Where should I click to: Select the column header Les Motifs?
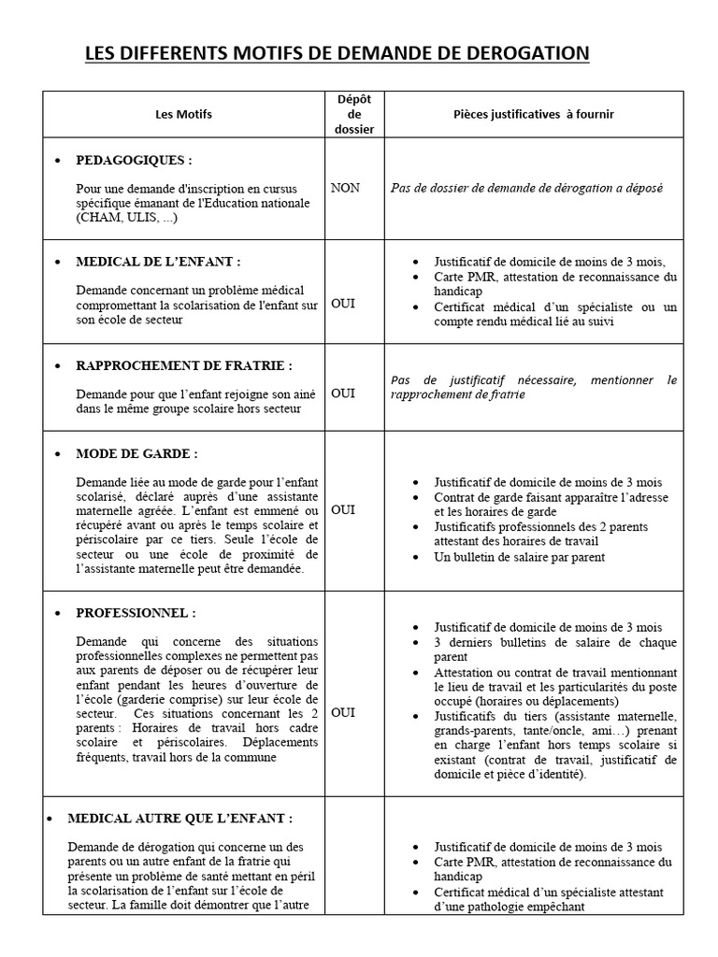click(x=183, y=114)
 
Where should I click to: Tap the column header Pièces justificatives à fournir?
click(x=534, y=114)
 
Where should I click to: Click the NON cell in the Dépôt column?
click(x=345, y=188)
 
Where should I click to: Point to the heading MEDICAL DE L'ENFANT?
click(x=151, y=262)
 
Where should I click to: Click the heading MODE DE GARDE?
click(x=136, y=453)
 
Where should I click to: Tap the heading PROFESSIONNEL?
click(x=136, y=613)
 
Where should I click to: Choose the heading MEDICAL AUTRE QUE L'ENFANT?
click(x=179, y=818)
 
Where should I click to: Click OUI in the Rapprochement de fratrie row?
click(x=343, y=393)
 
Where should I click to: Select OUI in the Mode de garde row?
click(x=343, y=509)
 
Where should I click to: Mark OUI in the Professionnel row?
click(x=343, y=712)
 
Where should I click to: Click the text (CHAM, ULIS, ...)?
click(x=126, y=218)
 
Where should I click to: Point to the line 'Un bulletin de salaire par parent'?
click(x=520, y=557)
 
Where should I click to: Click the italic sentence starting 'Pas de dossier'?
click(x=526, y=188)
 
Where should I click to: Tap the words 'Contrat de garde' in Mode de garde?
click(x=479, y=497)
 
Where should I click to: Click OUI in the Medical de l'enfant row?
click(x=343, y=304)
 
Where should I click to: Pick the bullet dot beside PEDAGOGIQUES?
click(x=58, y=161)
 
